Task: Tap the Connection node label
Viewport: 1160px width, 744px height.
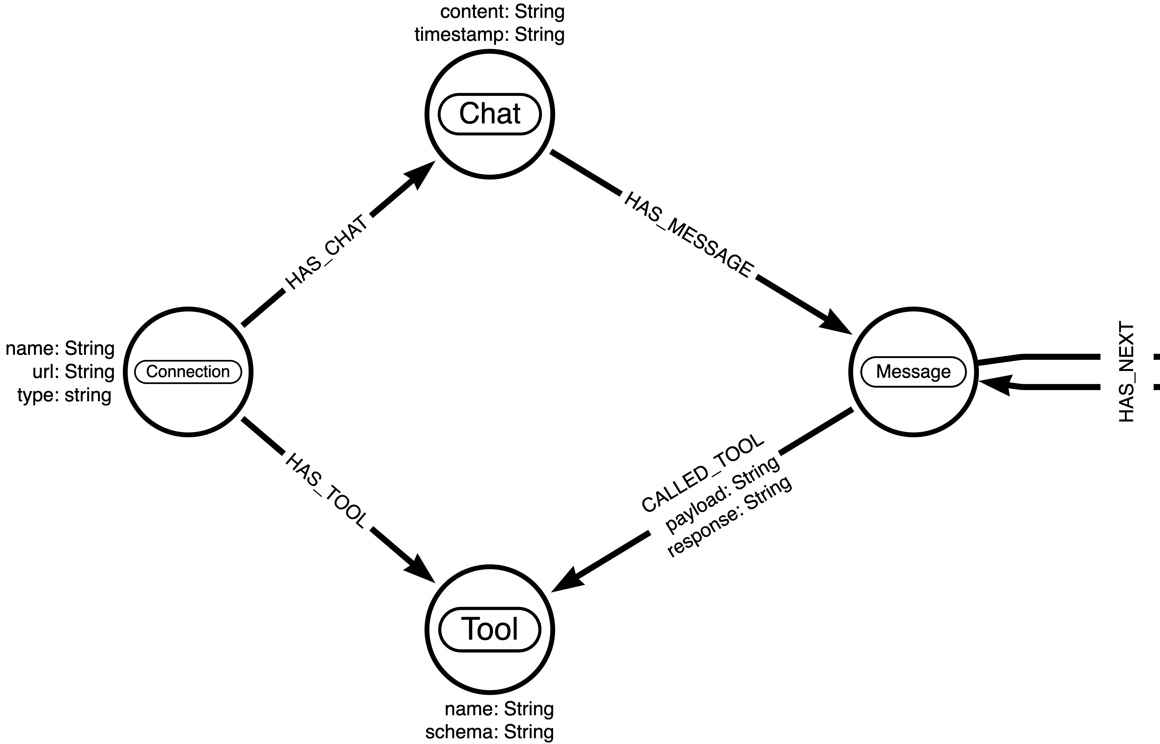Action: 188,371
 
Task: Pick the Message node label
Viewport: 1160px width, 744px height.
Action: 913,371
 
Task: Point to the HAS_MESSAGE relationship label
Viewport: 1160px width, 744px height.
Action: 688,235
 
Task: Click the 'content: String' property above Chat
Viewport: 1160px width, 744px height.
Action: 502,11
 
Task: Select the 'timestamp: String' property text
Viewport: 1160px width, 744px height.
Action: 489,35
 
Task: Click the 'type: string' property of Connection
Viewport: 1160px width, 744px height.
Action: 64,395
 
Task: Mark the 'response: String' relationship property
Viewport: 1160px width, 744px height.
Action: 729,517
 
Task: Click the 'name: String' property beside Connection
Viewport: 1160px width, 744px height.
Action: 60,348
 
